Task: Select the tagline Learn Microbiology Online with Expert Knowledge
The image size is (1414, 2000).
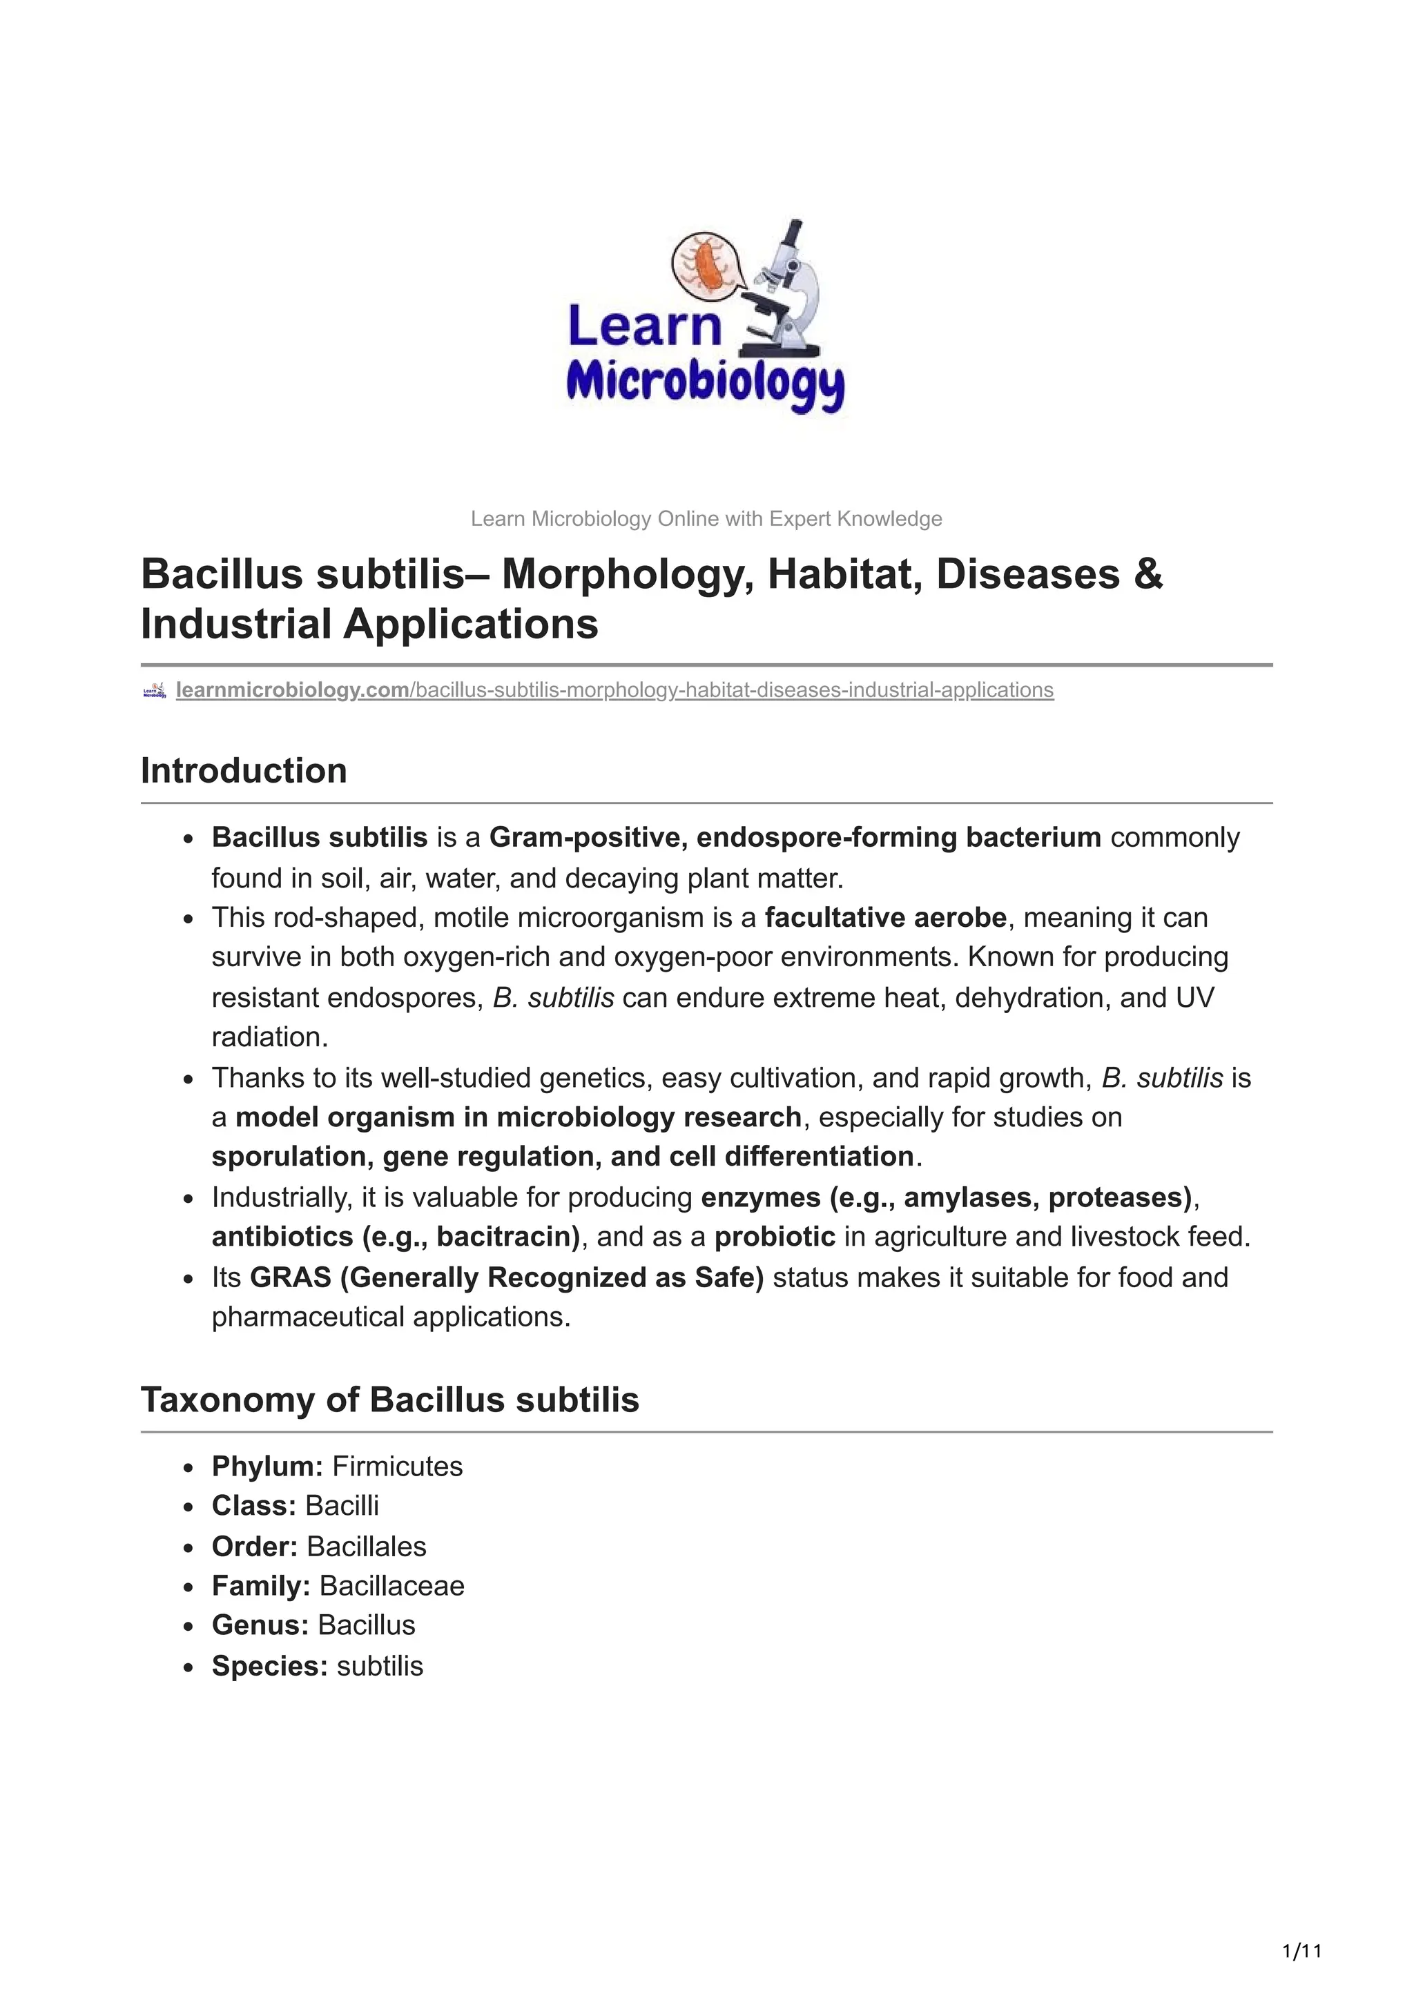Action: coord(706,519)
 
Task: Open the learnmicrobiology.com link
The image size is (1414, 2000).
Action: coord(293,690)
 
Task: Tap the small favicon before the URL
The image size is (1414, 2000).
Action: coord(154,691)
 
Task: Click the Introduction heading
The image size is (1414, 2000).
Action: coord(244,771)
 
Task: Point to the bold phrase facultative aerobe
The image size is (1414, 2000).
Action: coord(885,917)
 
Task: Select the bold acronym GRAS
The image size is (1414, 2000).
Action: coord(290,1277)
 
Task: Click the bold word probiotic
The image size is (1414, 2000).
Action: coord(775,1237)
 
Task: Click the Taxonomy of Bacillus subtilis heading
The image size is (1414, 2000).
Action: coord(389,1400)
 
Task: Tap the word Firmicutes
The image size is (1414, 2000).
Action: coord(397,1466)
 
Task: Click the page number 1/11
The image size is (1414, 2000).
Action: coord(1302,1950)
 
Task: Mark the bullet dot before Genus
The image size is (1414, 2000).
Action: coord(189,1627)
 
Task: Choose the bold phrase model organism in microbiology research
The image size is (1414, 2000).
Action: coord(518,1117)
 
